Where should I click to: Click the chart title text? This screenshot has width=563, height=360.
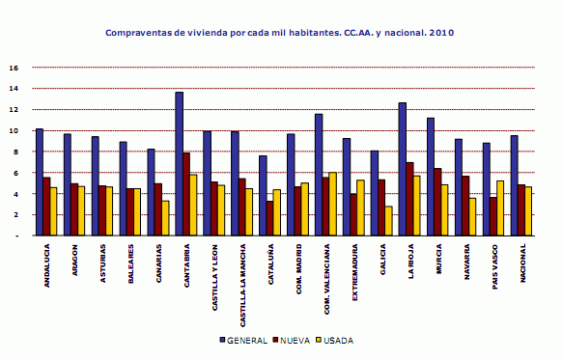tap(279, 32)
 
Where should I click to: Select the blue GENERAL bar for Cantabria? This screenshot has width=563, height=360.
tap(179, 163)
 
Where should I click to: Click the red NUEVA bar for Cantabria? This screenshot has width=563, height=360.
tap(186, 194)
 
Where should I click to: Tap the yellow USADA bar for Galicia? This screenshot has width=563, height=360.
tap(389, 221)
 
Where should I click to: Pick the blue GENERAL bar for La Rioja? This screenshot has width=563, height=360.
tap(402, 169)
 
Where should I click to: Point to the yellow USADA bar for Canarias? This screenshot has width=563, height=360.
tap(166, 218)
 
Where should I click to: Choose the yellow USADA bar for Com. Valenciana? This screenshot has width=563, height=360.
tap(333, 204)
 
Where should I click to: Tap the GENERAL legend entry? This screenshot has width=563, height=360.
tap(241, 341)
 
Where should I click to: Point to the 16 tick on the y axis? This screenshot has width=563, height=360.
tap(13, 69)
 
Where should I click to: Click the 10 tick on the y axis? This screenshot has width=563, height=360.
tap(13, 131)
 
